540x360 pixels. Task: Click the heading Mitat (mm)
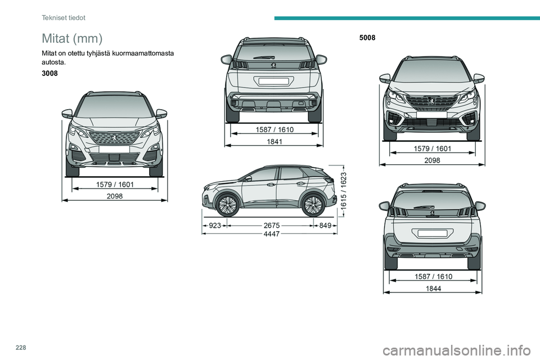[72, 38]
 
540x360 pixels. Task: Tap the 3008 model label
[49, 73]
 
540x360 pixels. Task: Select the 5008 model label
[367, 38]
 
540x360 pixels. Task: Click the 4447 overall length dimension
[271, 234]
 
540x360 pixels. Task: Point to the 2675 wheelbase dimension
[271, 226]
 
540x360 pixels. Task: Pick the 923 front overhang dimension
[215, 226]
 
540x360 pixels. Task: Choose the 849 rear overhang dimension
[325, 226]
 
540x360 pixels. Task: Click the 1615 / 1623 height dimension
[343, 190]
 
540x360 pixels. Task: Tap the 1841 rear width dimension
[274, 141]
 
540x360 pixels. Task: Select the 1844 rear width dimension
[433, 289]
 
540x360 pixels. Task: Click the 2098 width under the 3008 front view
[115, 196]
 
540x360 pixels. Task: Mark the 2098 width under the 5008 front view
[432, 160]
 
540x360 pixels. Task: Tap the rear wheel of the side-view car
[313, 205]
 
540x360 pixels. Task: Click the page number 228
[21, 348]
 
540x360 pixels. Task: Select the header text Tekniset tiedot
[64, 17]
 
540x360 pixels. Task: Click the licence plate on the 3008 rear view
[274, 82]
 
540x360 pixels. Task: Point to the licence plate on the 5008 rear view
[433, 233]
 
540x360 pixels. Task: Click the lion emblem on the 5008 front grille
[432, 101]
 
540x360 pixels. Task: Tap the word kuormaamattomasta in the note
[143, 53]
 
